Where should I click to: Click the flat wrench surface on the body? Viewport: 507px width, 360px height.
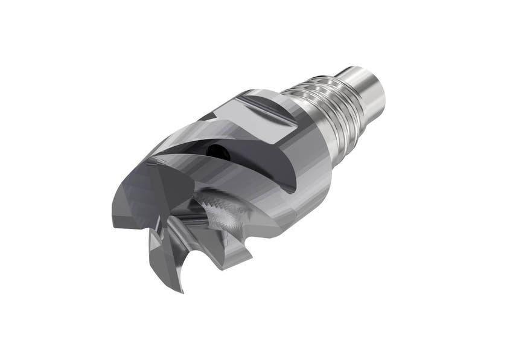coord(266,115)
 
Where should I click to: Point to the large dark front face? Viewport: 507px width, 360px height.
coord(145,193)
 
